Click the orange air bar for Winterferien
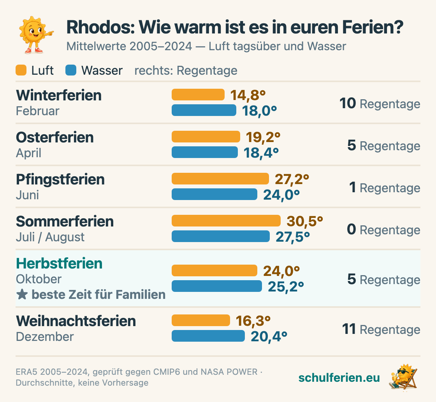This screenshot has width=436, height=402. pyautogui.click(x=198, y=95)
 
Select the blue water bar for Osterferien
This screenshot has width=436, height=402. pyautogui.click(x=205, y=152)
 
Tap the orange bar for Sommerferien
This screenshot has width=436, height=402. pyautogui.click(x=226, y=221)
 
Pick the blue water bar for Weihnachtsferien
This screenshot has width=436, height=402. pyautogui.click(x=208, y=336)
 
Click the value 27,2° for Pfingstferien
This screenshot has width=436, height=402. pyautogui.click(x=292, y=179)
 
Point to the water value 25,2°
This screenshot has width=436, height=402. pyautogui.click(x=286, y=287)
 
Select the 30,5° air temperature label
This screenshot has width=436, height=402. pyautogui.click(x=305, y=221)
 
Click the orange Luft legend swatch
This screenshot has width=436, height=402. pyautogui.click(x=21, y=70)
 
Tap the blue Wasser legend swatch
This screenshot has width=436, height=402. pyautogui.click(x=71, y=70)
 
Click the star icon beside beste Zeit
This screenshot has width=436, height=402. pyautogui.click(x=22, y=295)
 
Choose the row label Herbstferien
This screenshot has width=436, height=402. pyautogui.click(x=59, y=263)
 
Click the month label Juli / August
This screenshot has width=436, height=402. pyautogui.click(x=50, y=237)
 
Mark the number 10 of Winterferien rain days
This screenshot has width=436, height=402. pyautogui.click(x=348, y=104)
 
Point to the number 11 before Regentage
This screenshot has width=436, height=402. pyautogui.click(x=349, y=329)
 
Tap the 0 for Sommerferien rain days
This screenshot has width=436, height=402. pyautogui.click(x=352, y=229)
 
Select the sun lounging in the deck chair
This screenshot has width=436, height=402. pyautogui.click(x=403, y=377)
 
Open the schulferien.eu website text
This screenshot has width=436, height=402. pyautogui.click(x=339, y=377)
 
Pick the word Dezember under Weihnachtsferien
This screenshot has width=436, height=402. pyautogui.click(x=45, y=337)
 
